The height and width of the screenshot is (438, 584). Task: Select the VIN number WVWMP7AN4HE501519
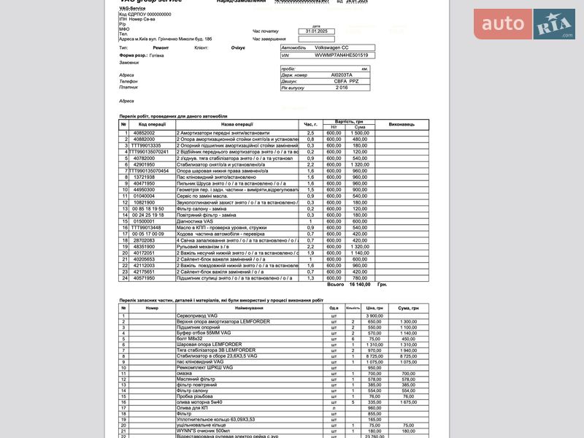coord(341,55)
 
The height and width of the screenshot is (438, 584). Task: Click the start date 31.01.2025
coord(315,31)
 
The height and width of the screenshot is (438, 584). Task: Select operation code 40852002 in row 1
coord(144,133)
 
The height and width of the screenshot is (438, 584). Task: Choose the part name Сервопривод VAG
coord(197,315)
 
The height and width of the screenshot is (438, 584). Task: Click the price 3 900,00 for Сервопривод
coord(374,315)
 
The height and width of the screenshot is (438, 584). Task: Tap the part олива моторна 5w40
coord(199,401)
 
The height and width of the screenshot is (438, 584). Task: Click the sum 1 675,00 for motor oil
coord(409,401)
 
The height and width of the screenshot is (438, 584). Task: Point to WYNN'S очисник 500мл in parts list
coord(204,431)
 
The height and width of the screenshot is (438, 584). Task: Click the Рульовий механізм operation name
coord(198,247)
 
